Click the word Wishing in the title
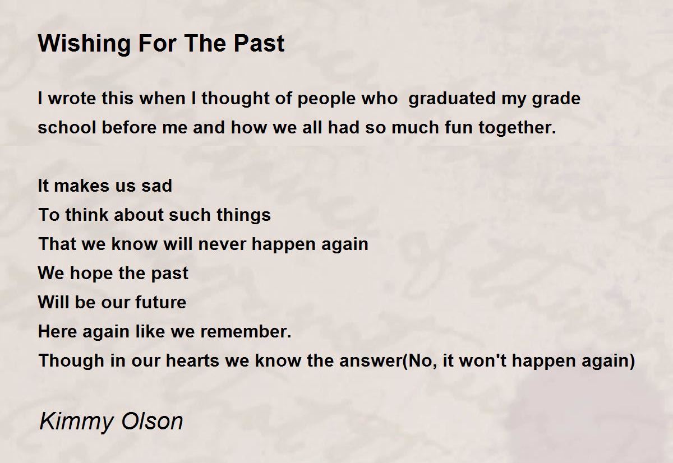[x=85, y=44]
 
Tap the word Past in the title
[x=259, y=43]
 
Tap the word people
[x=326, y=99]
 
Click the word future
[x=161, y=302]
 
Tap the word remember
[x=246, y=331]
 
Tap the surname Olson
[x=152, y=421]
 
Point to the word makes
[x=82, y=186]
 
